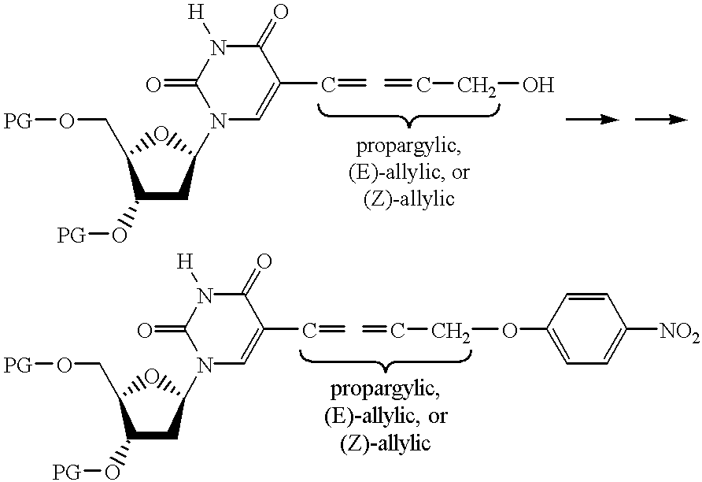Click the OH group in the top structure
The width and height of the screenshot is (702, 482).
coord(538,84)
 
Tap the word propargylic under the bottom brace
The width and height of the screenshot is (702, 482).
coord(385,391)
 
